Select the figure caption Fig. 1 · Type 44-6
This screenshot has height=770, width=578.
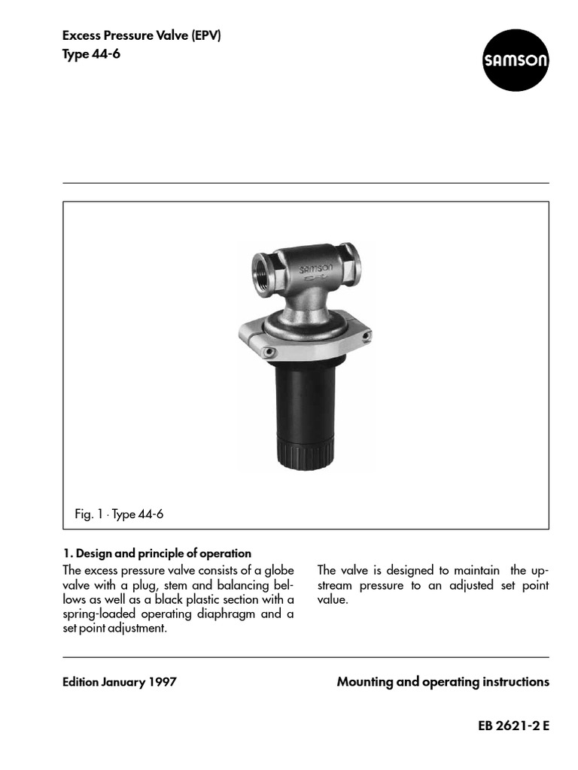tap(119, 514)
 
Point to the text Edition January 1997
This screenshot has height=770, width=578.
tap(120, 682)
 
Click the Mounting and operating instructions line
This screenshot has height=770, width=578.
tap(443, 682)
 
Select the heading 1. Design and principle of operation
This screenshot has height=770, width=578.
tap(157, 553)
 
